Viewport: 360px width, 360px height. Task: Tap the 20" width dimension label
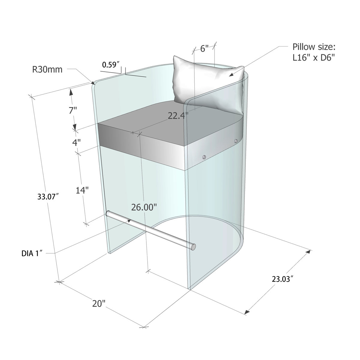point(99,303)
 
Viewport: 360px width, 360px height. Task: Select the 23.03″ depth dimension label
point(282,279)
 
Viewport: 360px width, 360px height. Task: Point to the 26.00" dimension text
point(144,207)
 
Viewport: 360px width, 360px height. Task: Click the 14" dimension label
point(82,190)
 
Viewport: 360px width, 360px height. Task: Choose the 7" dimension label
point(73,110)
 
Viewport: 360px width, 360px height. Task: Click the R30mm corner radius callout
point(47,70)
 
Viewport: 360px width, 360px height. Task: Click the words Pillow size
point(314,47)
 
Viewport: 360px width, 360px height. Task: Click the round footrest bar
point(150,229)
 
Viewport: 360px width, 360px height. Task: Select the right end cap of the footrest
point(194,247)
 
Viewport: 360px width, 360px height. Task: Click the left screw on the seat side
point(204,157)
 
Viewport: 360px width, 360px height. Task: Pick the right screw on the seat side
point(236,141)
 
